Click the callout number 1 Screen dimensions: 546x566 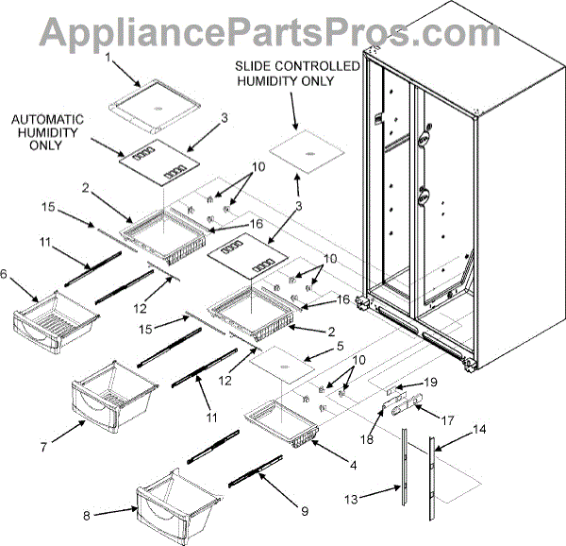coord(108,58)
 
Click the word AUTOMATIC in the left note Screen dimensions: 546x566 coord(46,120)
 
